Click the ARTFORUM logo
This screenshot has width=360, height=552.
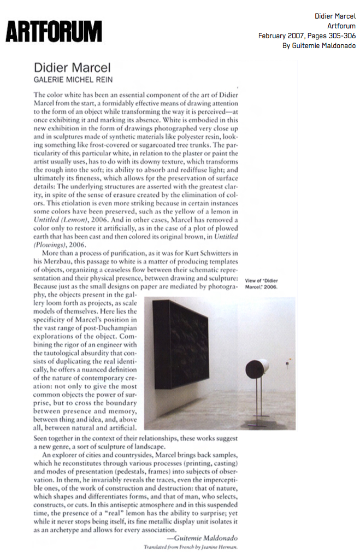pos(54,31)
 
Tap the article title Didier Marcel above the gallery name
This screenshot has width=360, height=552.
pos(72,68)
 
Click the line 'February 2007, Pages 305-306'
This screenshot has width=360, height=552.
pos(306,36)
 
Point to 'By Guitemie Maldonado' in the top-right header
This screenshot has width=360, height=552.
pos(318,45)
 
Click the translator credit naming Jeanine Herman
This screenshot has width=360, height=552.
pos(191,547)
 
